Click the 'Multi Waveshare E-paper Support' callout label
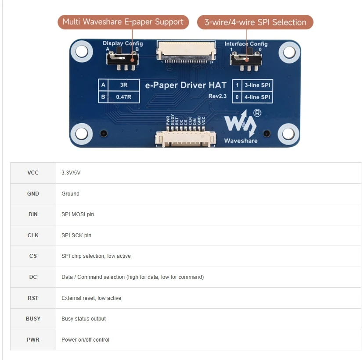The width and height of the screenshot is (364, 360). (123, 22)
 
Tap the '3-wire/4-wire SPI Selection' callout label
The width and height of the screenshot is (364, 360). (255, 22)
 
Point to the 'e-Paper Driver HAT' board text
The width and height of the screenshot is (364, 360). (186, 85)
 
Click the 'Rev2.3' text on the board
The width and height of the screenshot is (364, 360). (217, 96)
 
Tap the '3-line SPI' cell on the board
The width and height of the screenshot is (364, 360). (258, 85)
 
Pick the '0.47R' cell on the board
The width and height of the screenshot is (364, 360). (123, 97)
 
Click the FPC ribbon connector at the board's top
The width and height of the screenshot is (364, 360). (186, 50)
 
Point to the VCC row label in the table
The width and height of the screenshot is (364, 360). (33, 173)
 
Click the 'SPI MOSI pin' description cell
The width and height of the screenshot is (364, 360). (78, 214)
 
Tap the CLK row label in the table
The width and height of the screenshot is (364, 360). (33, 235)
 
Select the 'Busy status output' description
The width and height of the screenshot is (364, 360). (83, 319)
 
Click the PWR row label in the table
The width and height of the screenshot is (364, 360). (33, 340)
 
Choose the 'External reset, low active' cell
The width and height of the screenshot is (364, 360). (91, 298)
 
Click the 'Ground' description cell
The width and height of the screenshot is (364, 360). (70, 194)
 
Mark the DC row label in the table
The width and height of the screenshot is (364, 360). (33, 277)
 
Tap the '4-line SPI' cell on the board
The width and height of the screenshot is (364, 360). (258, 97)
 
